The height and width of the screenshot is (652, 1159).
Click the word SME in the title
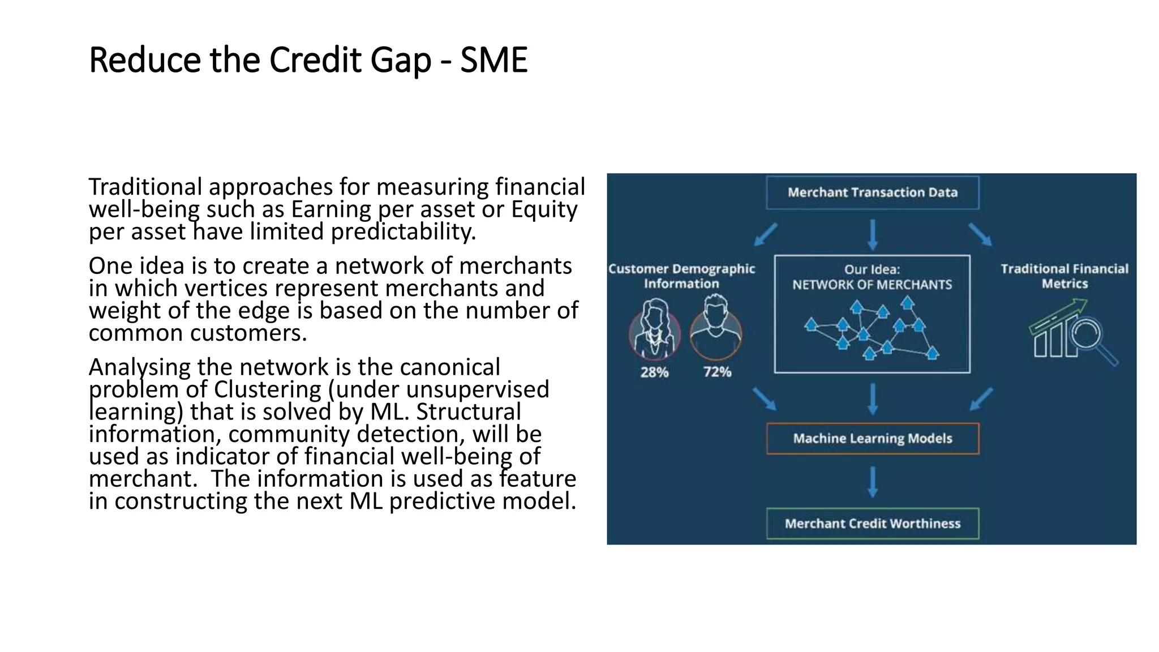493,60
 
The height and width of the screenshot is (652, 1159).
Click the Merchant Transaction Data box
872,192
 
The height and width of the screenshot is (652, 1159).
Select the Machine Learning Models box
872,438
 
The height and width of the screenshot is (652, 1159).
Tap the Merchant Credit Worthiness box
872,524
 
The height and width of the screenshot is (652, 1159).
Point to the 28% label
654,372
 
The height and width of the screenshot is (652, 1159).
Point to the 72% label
717,372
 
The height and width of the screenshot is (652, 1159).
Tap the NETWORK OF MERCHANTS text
872,285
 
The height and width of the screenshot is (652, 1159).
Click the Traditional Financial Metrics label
1064,276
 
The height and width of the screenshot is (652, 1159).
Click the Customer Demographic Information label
681,276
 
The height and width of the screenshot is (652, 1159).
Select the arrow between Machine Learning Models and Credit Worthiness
872,482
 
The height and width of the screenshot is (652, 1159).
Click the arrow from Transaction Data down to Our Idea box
872,234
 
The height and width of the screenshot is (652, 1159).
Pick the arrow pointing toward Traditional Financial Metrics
980,234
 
